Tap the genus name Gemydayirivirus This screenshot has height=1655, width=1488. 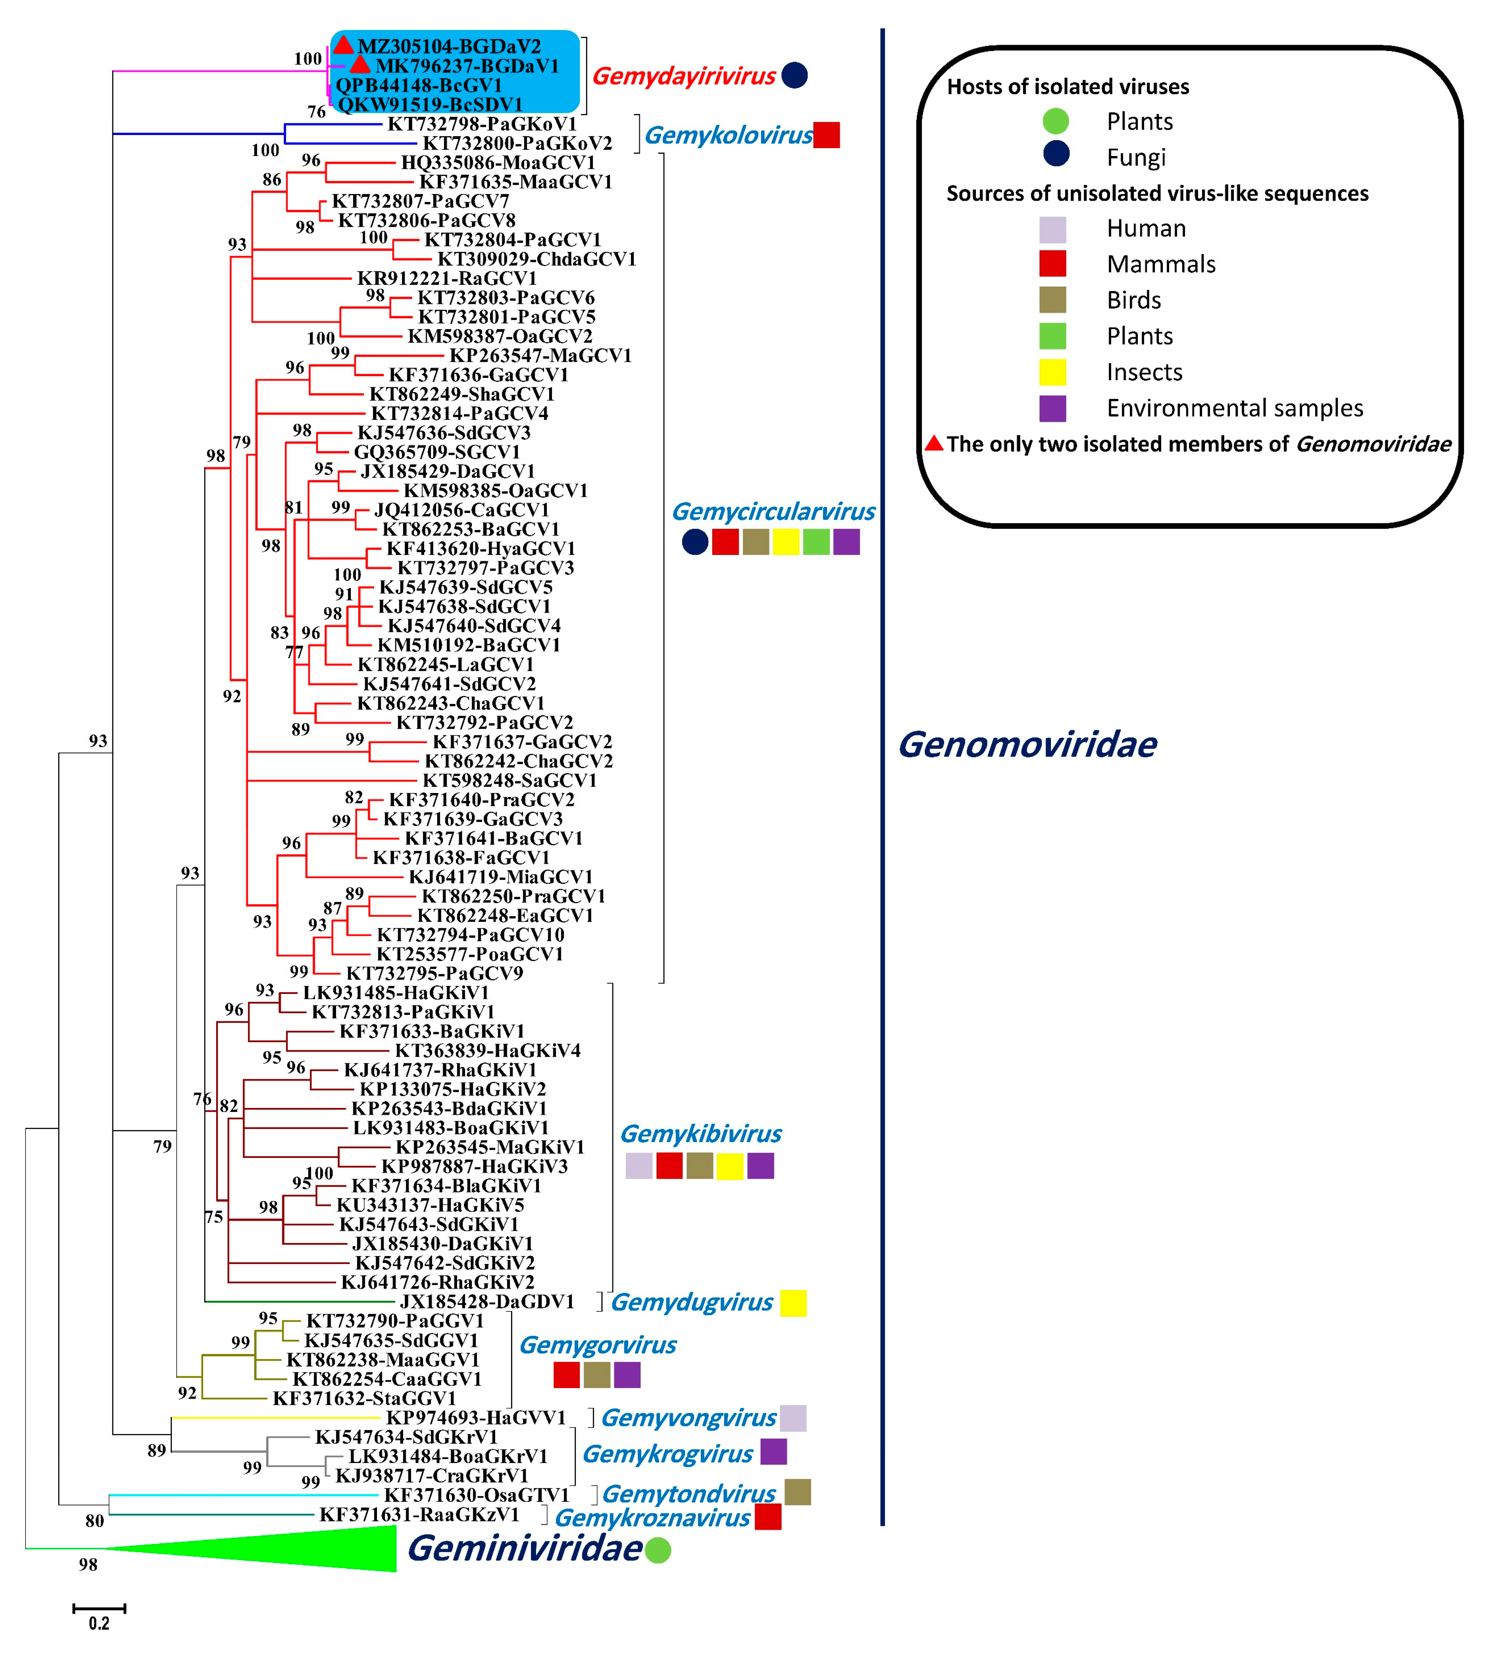(684, 76)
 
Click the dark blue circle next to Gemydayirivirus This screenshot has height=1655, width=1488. (795, 75)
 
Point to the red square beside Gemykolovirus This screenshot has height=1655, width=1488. (826, 135)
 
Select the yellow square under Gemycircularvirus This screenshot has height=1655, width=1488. (786, 542)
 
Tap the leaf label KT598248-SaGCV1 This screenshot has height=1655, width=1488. (509, 781)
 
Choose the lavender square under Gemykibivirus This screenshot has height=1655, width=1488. (639, 1165)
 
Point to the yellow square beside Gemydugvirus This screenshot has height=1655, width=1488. (793, 1303)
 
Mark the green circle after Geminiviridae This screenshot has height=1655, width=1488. (658, 1551)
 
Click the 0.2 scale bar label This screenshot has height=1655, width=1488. (99, 1623)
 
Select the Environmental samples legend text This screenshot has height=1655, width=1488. (1234, 408)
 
